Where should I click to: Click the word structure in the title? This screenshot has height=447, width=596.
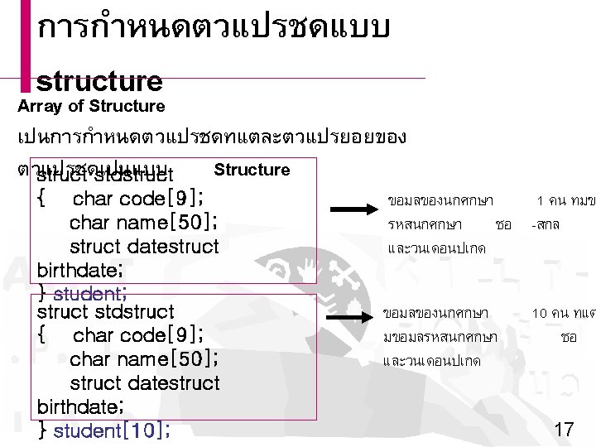(99, 81)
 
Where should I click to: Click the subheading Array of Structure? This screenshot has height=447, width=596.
(92, 106)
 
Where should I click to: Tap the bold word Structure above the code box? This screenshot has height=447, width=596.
(252, 170)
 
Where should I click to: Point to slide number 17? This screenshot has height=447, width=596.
(563, 429)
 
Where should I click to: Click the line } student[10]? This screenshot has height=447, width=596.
(105, 430)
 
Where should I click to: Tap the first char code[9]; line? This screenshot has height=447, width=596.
(147, 199)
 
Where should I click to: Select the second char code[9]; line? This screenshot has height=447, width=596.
(147, 336)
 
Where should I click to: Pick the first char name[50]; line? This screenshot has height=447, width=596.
(144, 223)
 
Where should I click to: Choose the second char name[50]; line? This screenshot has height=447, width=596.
(144, 359)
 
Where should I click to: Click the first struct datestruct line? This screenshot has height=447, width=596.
(145, 246)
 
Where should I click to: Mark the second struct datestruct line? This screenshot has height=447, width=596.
(145, 382)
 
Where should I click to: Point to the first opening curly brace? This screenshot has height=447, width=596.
(42, 199)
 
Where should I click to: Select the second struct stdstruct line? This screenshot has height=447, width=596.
(105, 312)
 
